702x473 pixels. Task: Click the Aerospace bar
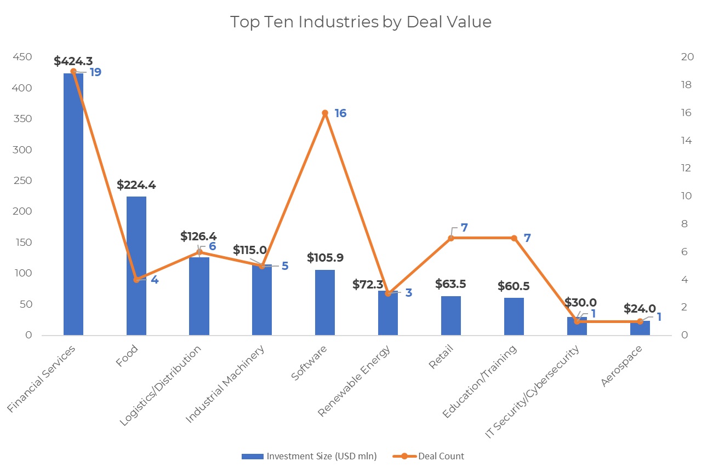click(640, 328)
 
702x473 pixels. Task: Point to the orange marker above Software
click(325, 113)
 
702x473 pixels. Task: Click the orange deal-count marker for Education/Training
click(514, 238)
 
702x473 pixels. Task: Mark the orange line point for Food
click(136, 280)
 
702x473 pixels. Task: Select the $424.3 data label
click(73, 60)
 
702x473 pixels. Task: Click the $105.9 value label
click(325, 257)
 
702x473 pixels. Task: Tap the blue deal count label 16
click(340, 113)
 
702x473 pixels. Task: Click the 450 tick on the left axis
click(22, 57)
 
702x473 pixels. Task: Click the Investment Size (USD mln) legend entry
click(309, 456)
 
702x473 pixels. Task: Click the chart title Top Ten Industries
click(361, 22)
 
